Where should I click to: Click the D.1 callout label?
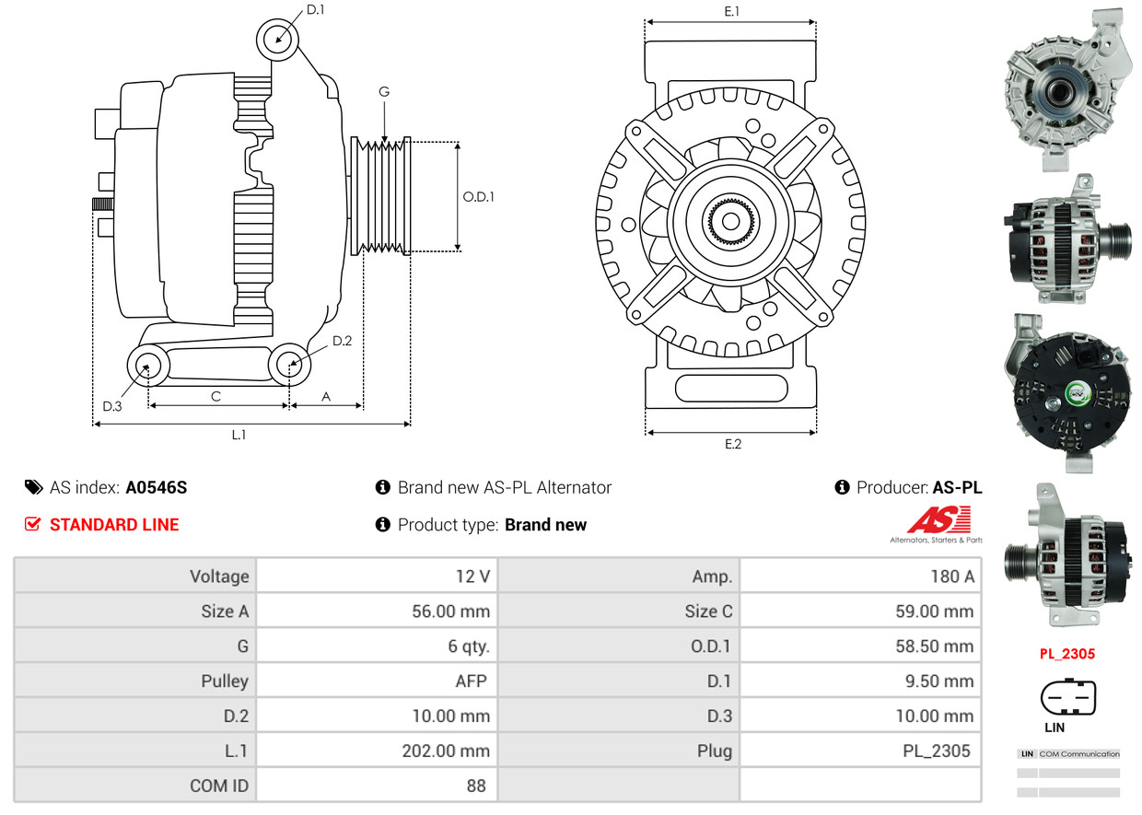(315, 10)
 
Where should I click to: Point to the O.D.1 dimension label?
(478, 196)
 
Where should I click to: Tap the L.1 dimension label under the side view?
(239, 435)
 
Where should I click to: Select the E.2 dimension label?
(732, 444)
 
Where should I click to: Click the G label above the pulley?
(384, 92)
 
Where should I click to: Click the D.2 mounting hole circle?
(289, 366)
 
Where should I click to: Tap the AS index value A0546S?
(157, 488)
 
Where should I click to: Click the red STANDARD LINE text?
(114, 525)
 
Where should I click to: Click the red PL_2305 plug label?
(1067, 655)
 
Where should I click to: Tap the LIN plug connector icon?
(1067, 698)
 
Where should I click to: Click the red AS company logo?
(938, 521)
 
